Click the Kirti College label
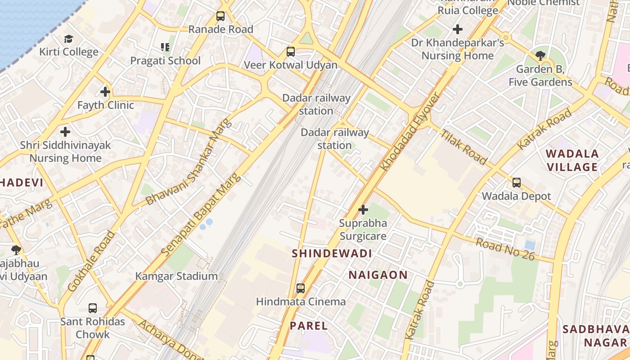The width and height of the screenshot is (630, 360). click(68, 52)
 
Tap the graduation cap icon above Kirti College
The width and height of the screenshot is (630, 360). click(68, 39)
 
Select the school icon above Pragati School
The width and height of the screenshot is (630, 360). click(165, 47)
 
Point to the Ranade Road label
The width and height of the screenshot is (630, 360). click(220, 29)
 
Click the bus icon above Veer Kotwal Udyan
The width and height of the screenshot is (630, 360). click(291, 52)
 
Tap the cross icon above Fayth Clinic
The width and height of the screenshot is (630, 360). click(105, 92)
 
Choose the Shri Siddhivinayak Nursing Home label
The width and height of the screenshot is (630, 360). click(65, 152)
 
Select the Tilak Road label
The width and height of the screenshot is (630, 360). click(463, 147)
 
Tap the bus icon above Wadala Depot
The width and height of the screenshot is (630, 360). click(517, 183)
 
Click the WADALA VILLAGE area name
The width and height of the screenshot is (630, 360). click(572, 161)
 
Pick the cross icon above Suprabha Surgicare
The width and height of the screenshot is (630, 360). click(363, 210)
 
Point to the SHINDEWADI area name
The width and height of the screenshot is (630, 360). click(332, 253)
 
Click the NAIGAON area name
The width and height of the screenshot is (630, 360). click(378, 274)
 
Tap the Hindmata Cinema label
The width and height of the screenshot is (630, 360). click(301, 301)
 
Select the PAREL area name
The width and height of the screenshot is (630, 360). click(309, 325)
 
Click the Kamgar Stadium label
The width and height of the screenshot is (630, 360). click(176, 276)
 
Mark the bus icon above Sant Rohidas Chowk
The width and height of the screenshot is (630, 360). click(93, 308)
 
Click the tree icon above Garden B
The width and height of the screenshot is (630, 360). click(540, 56)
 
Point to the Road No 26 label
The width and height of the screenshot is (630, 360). click(505, 249)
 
